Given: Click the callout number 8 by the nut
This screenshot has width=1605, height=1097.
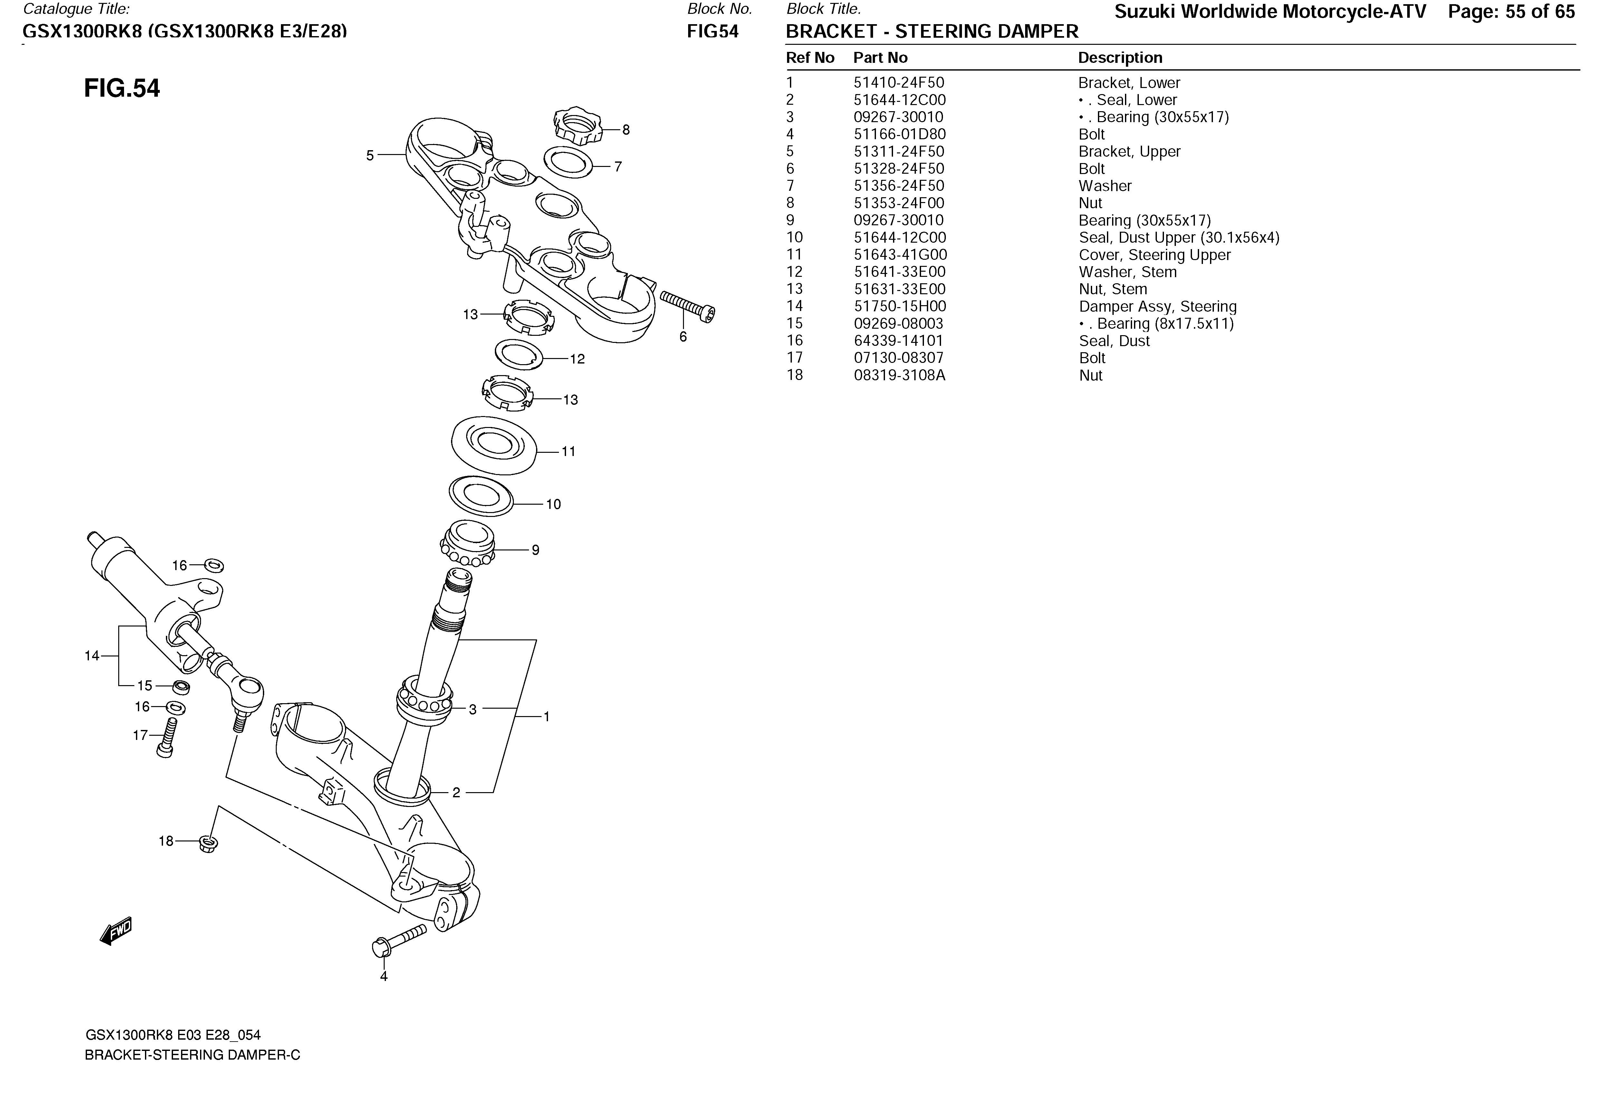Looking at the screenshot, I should [x=626, y=130].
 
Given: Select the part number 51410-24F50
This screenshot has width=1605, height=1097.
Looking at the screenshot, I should [x=899, y=83].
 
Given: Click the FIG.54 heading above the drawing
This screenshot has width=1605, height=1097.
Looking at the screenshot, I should [x=121, y=88].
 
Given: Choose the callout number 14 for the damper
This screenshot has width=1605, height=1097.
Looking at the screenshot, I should [x=92, y=655].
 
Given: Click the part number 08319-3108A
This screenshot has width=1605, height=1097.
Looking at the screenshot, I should [x=899, y=375].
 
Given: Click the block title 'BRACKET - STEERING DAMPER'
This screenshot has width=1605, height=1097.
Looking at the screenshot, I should [x=932, y=32].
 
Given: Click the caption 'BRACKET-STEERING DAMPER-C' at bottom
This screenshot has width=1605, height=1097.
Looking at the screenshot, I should [x=192, y=1055].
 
